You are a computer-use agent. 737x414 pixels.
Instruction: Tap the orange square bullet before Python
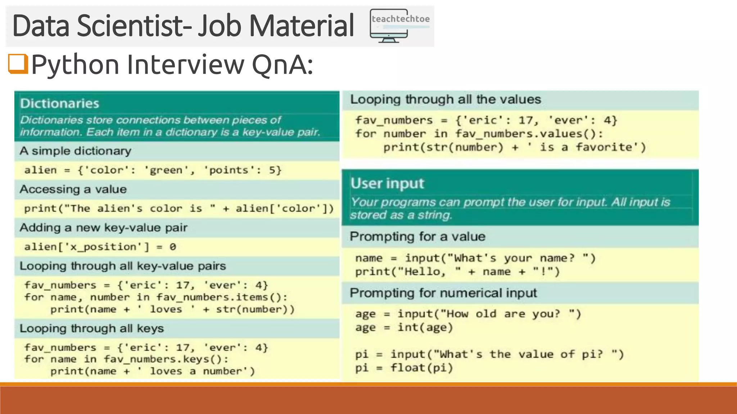click(18, 64)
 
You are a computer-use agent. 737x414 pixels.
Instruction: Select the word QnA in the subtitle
click(282, 65)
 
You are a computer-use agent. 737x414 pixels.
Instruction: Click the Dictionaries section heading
click(60, 103)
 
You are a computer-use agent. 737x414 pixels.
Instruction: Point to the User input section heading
click(388, 183)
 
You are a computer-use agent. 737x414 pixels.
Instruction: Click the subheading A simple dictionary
click(76, 151)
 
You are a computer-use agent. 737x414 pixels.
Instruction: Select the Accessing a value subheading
click(73, 189)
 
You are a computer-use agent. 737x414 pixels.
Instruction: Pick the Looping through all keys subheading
click(92, 328)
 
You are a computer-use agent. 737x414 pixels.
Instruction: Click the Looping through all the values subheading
click(446, 100)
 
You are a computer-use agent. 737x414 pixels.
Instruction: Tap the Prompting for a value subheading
click(417, 237)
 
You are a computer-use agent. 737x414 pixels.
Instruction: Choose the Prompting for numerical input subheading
click(443, 293)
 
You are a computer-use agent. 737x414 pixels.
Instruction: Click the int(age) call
click(425, 328)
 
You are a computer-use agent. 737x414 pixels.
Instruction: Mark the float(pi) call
click(421, 368)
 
